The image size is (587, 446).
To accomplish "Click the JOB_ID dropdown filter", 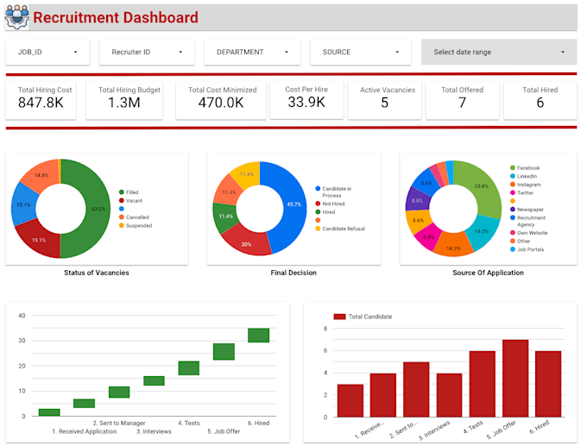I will [x=47, y=52].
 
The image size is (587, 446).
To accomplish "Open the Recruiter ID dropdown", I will [x=147, y=52].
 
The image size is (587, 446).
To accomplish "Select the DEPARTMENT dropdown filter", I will [x=252, y=52].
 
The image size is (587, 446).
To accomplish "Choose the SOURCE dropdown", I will [x=358, y=52].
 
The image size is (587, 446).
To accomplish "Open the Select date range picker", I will [x=499, y=52].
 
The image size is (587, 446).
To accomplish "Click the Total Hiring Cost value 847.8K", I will [x=46, y=104].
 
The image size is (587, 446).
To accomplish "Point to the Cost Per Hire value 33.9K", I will [x=306, y=103].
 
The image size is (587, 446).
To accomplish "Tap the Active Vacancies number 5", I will [x=384, y=104].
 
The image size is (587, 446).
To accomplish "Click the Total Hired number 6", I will [x=540, y=104].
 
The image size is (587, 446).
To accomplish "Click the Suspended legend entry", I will [x=138, y=226].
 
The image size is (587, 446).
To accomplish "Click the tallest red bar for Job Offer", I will [x=515, y=379].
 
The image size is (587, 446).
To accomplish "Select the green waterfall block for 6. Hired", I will [x=258, y=336].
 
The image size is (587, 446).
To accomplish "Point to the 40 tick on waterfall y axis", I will [x=22, y=316].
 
